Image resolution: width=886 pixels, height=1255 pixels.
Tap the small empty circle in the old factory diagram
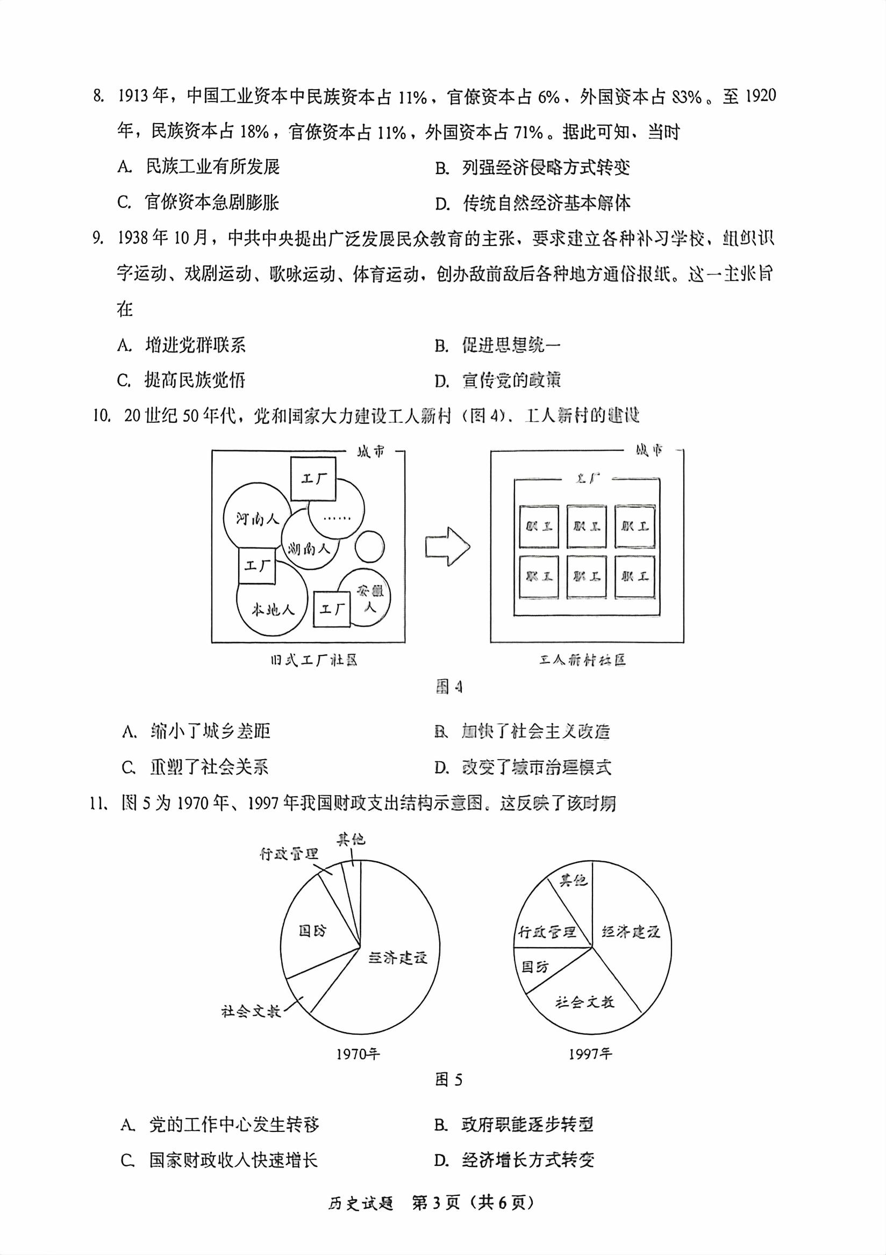[x=370, y=546]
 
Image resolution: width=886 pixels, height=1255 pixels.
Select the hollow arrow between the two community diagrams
[x=447, y=546]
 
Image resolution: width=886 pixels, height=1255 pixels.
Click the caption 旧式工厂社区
[x=313, y=660]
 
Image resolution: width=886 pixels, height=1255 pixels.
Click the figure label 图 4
[x=448, y=687]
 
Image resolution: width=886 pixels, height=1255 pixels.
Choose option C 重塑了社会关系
[x=209, y=767]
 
